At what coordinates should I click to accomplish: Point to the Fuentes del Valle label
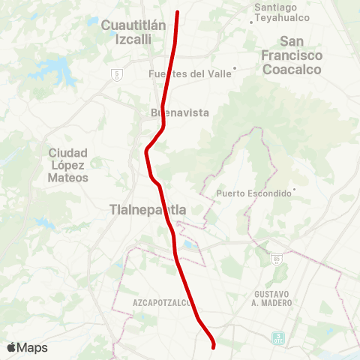coord(189,73)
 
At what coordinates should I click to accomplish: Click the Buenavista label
coord(179,112)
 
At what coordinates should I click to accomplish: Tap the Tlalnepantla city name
coord(148,208)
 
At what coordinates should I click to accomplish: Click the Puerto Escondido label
coord(253,193)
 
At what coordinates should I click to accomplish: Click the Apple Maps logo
coord(27,347)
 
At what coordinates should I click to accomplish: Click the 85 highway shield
coord(277,259)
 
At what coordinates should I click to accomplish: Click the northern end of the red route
coord(178,12)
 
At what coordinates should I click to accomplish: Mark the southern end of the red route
coord(214,347)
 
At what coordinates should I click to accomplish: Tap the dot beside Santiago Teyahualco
coord(251,22)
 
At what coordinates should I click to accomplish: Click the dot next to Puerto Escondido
coord(295,189)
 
